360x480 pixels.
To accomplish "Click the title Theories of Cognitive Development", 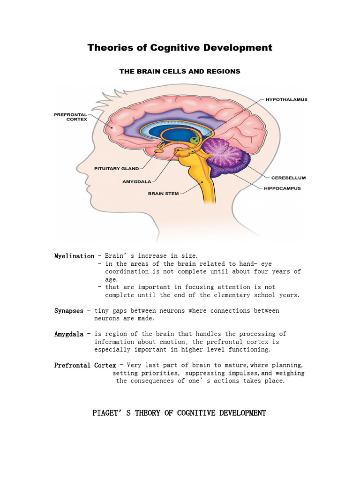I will click(180, 47).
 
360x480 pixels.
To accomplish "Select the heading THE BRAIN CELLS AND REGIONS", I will click(180, 71).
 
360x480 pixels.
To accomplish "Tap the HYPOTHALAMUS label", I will click(286, 100).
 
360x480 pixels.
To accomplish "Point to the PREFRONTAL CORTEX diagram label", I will click(71, 116).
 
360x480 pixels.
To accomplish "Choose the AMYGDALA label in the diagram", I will click(136, 180).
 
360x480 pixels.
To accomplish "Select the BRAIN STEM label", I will click(163, 193).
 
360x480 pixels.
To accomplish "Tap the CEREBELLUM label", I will click(288, 178).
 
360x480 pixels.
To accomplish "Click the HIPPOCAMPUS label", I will click(282, 188).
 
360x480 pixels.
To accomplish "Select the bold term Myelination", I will click(74, 256).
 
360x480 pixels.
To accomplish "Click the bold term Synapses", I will click(69, 311).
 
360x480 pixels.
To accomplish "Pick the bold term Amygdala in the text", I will click(69, 334).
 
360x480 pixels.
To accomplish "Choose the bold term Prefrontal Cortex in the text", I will click(85, 365).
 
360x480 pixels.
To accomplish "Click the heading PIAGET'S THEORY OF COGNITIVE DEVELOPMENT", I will click(180, 413).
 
